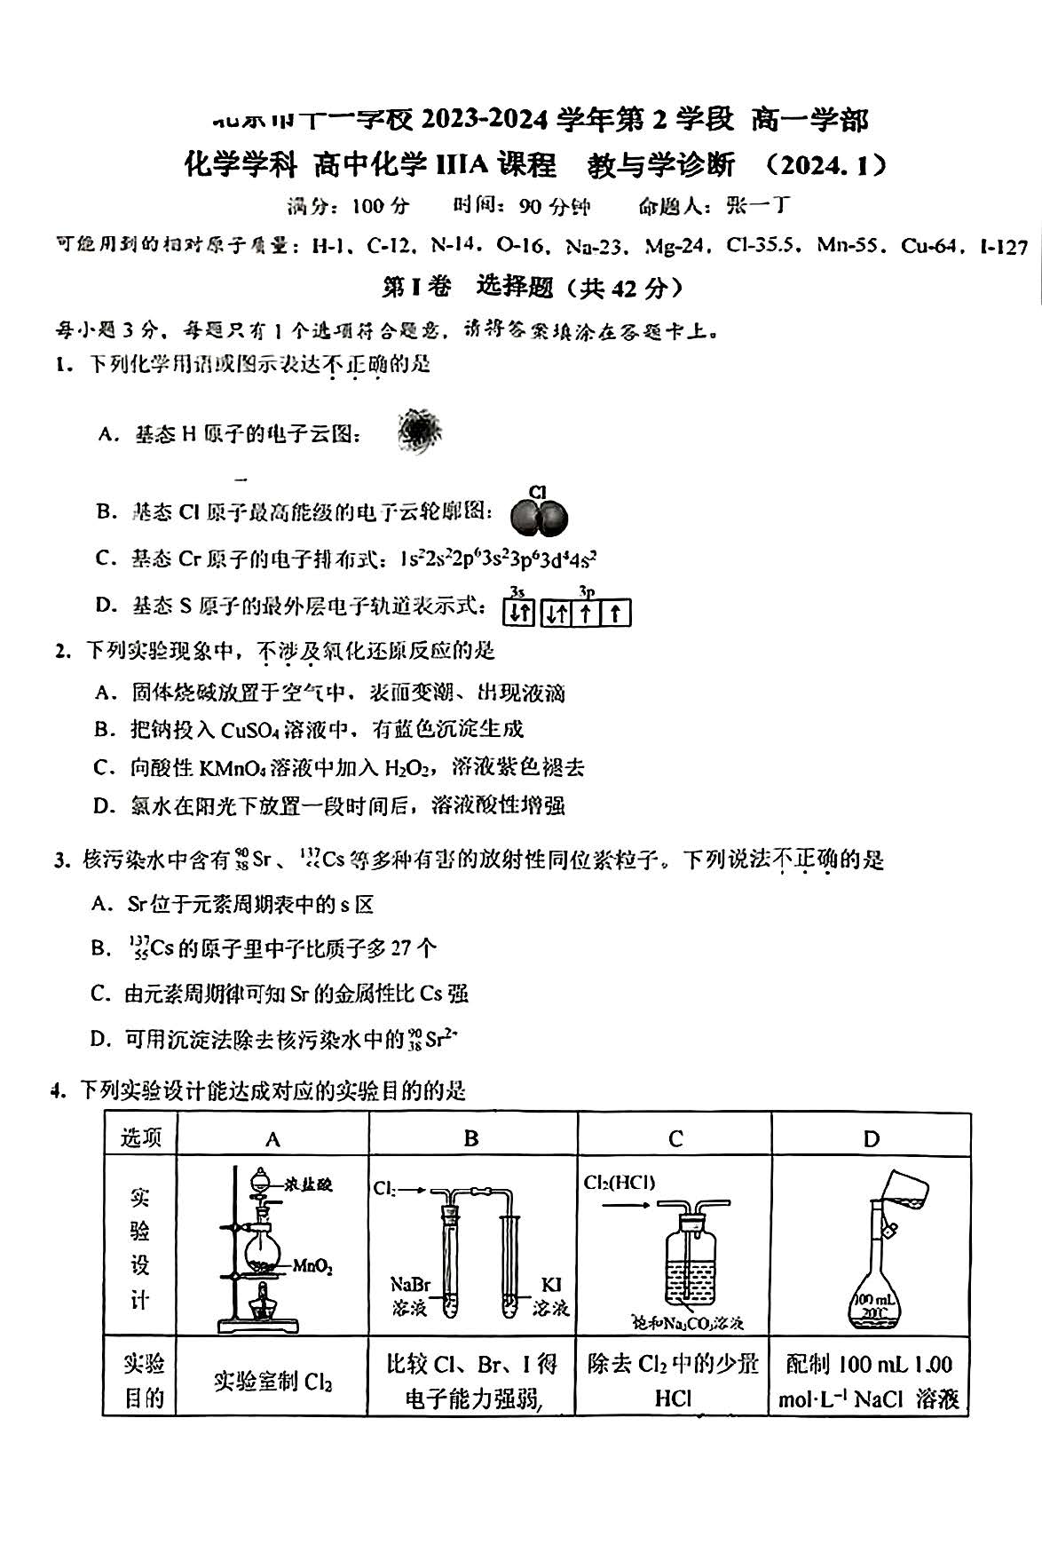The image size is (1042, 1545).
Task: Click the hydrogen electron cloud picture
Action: [419, 432]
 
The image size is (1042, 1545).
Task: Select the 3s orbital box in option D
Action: [520, 614]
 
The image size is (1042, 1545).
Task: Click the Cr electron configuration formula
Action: [498, 559]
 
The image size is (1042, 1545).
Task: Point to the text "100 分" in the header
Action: [380, 207]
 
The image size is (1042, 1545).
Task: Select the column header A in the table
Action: [272, 1138]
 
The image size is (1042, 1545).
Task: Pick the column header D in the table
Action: [871, 1138]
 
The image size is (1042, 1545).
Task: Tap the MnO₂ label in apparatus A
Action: [312, 1267]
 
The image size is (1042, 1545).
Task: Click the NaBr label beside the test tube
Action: [410, 1284]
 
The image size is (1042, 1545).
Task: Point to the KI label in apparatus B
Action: [550, 1284]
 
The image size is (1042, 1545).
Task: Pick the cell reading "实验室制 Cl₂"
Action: [272, 1382]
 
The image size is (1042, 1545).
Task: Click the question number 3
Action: [60, 860]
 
